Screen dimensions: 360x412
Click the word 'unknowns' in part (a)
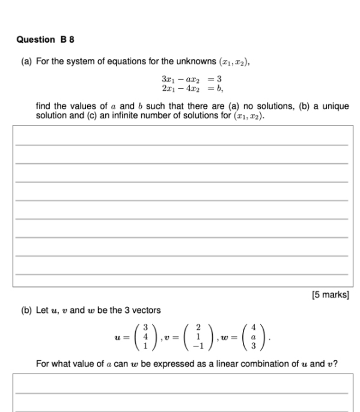[180, 61]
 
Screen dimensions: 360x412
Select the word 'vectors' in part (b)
[147, 310]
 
